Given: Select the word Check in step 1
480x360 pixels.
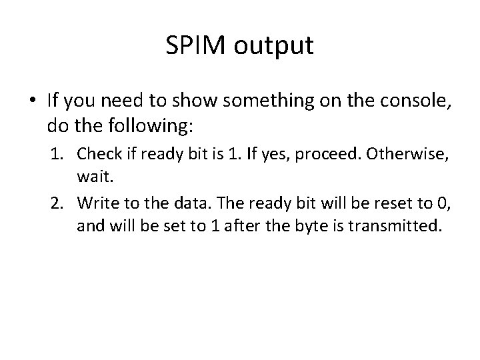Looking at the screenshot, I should pyautogui.click(x=97, y=154).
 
